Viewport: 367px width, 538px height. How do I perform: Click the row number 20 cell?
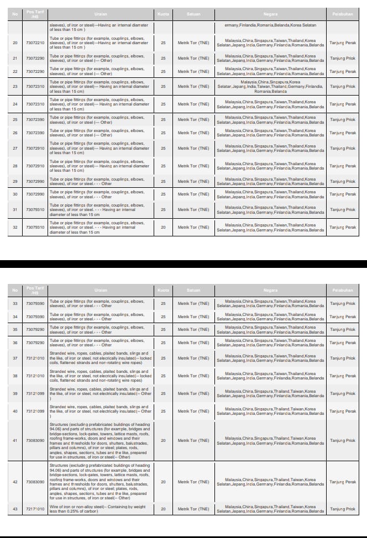[x=15, y=43]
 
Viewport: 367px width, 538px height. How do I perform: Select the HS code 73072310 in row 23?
[x=35, y=86]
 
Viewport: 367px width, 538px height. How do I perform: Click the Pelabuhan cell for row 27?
[x=343, y=148]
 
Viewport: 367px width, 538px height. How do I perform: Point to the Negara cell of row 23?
[x=270, y=86]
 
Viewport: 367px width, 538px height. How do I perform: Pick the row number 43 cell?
[x=15, y=509]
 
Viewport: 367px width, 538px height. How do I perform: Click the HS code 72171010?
[x=35, y=509]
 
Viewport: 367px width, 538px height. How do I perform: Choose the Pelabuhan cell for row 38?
[x=343, y=376]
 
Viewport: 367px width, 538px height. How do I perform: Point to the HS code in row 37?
[x=35, y=358]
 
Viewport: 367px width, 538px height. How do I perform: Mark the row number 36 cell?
[x=15, y=342]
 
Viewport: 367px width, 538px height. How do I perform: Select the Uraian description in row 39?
[x=100, y=393]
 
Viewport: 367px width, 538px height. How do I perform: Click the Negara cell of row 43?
[x=270, y=509]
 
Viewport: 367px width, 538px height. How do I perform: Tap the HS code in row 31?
[x=35, y=209]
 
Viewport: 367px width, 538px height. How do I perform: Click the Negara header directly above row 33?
[x=270, y=290]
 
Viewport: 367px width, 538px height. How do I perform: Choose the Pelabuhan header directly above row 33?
[x=343, y=290]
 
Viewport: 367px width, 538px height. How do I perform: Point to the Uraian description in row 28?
[x=100, y=166]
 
